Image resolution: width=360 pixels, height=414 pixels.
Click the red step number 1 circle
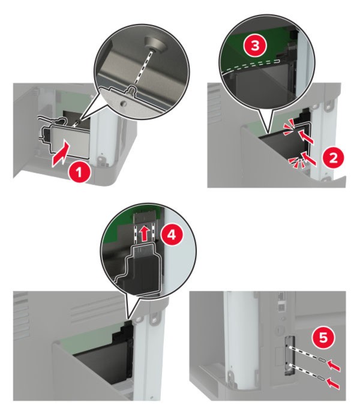[x=80, y=173]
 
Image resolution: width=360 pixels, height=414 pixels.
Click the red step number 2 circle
[x=333, y=158]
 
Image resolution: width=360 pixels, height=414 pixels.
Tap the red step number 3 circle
[x=255, y=46]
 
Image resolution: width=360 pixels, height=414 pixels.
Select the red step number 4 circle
[x=172, y=234]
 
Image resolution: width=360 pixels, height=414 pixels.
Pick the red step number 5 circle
[x=323, y=338]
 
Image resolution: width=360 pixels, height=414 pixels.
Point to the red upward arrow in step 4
[x=144, y=233]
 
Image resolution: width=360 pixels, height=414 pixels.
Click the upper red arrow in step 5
[x=334, y=366]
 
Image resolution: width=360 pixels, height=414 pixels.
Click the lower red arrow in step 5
[x=334, y=383]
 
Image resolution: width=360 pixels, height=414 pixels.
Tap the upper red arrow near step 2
[x=307, y=137]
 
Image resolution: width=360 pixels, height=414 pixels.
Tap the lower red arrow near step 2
[x=309, y=158]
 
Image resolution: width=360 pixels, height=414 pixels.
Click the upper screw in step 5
[x=322, y=359]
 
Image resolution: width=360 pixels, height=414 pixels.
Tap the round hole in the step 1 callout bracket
[x=122, y=103]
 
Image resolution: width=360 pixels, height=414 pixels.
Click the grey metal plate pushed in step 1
[x=69, y=142]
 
